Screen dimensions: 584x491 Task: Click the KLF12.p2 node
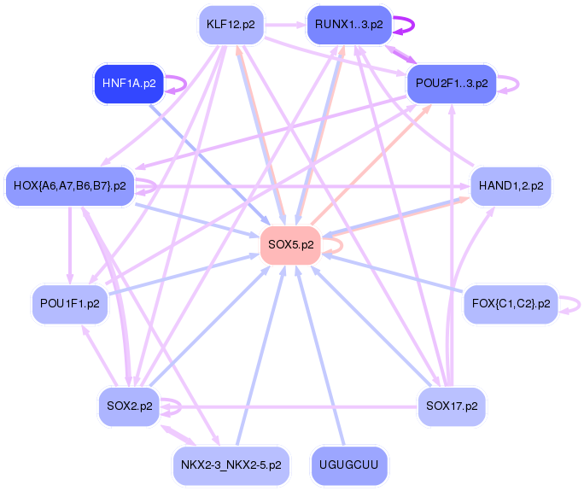231,25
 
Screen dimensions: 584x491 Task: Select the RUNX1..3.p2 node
349,25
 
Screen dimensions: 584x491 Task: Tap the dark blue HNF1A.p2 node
129,84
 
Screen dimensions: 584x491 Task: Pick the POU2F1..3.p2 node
452,84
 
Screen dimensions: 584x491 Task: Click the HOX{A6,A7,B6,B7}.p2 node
70,186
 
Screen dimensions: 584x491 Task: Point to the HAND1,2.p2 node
511,186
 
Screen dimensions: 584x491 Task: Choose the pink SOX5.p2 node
290,245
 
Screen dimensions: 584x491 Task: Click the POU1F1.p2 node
70,304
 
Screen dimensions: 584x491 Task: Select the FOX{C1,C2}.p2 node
511,304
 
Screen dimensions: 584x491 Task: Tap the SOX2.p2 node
129,406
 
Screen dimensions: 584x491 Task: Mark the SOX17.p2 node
452,406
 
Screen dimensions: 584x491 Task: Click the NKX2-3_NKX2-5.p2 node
231,465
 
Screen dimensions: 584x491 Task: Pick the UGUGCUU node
349,465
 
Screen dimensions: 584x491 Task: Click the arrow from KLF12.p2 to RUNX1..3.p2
285,25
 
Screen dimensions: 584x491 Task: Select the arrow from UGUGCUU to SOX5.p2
320,356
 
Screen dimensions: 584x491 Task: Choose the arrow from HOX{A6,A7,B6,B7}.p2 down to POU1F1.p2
70,245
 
